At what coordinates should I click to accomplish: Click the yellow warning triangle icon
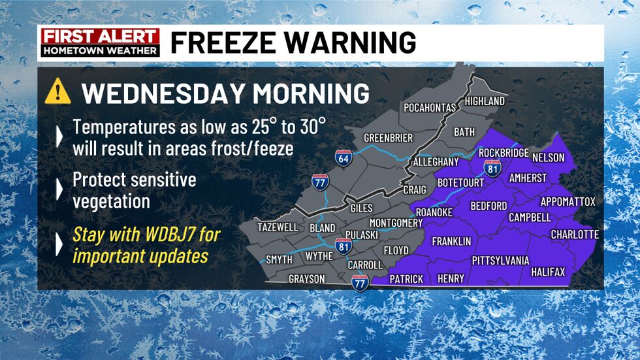point(57,93)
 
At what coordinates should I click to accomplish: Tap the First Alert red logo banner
point(99,36)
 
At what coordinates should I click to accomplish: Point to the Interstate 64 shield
point(343,157)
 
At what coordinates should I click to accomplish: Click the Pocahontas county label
point(430,108)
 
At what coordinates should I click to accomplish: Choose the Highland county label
point(485,101)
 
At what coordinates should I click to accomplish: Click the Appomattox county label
point(568,202)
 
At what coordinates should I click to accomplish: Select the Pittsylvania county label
point(501,261)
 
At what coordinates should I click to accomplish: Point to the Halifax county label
point(548,272)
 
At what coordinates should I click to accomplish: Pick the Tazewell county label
point(278,227)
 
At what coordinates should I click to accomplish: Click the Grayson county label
point(307,279)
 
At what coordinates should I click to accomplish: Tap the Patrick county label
point(406,279)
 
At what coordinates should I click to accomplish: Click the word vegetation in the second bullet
point(111,201)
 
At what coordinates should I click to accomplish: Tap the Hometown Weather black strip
point(99,50)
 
